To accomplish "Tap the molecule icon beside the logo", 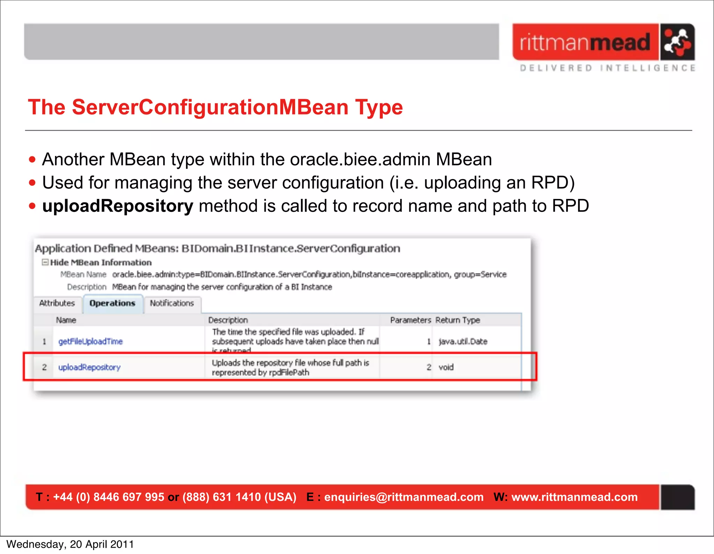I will [x=677, y=42].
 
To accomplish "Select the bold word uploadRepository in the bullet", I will [x=117, y=206].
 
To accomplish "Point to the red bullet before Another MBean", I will [x=32, y=160].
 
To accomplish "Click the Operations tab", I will [x=112, y=303].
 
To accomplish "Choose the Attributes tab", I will [x=57, y=303].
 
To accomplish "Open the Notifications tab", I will [x=172, y=303].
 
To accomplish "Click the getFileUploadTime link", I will [x=90, y=341].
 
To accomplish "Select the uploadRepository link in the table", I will [x=89, y=367].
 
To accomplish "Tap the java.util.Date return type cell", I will [x=463, y=341].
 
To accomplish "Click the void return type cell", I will [x=446, y=367].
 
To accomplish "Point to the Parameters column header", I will [x=410, y=320].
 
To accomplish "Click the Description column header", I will [x=228, y=320].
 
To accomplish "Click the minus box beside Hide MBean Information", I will [x=45, y=262].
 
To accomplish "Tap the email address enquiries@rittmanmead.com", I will [x=404, y=497].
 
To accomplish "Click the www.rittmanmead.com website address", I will [x=574, y=497].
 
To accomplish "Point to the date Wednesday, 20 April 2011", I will [x=70, y=545].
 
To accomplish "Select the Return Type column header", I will [x=457, y=320].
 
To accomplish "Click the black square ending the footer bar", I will [x=677, y=497].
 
